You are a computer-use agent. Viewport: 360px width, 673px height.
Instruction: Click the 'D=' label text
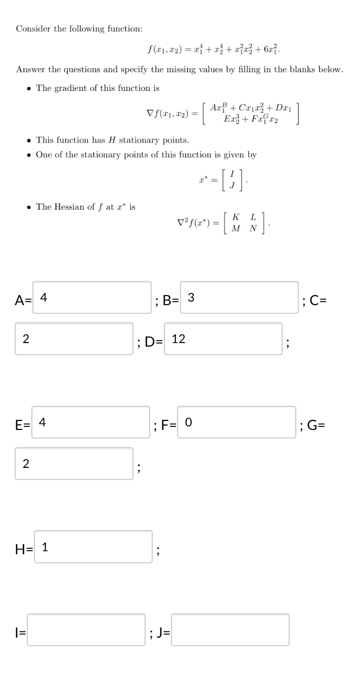[153, 342]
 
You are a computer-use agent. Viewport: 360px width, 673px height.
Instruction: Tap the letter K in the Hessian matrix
[236, 217]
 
